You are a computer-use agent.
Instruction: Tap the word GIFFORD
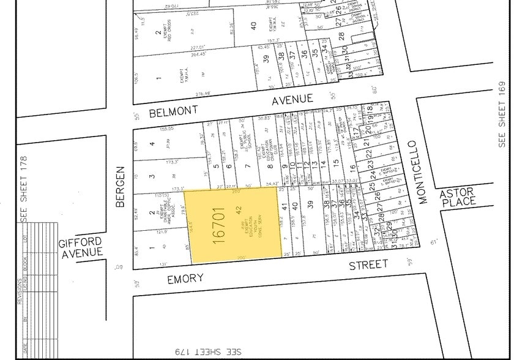click(80, 242)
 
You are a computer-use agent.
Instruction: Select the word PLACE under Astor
click(458, 202)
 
